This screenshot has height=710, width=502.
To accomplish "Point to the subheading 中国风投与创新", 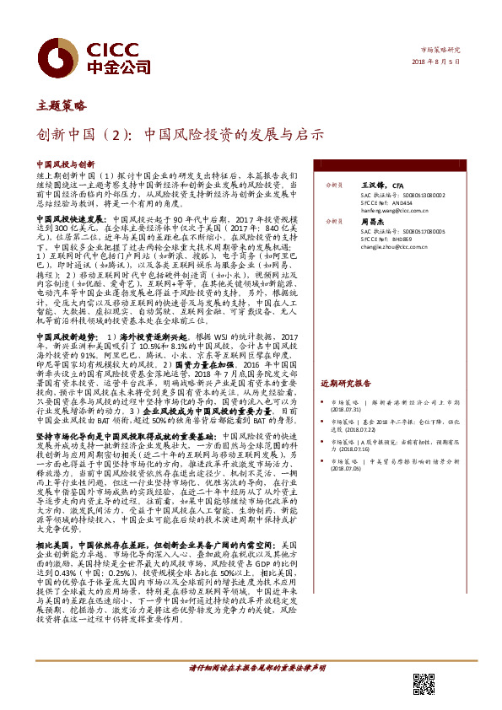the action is [x=65, y=165].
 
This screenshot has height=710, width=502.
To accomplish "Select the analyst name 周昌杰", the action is [x=373, y=221].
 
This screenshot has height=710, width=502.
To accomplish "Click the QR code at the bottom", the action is [x=424, y=686].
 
